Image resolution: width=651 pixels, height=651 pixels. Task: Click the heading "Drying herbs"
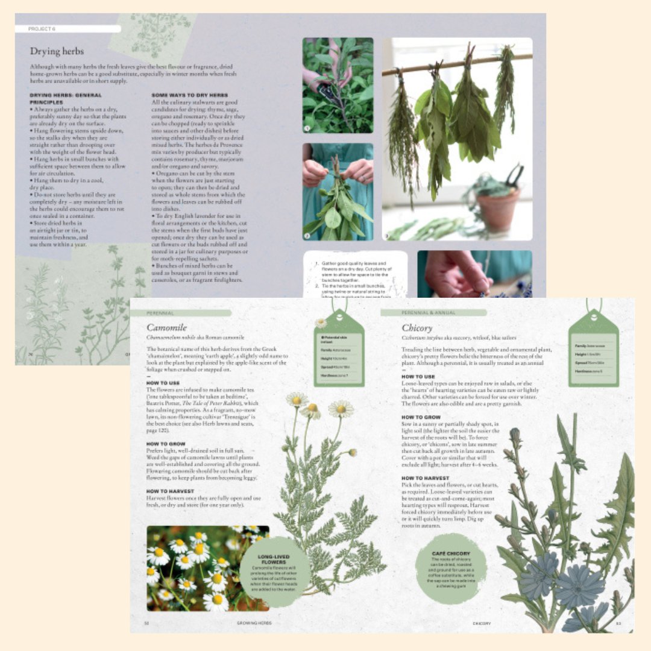[x=57, y=51]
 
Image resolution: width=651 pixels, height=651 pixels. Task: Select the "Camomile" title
[x=166, y=328]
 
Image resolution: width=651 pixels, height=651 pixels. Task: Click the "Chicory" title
[x=417, y=328]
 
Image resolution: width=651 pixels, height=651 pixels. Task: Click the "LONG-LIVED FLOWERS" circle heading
[x=274, y=559]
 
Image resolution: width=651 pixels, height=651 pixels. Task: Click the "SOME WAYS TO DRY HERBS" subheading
[x=189, y=95]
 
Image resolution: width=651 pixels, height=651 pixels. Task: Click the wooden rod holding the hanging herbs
[x=458, y=63]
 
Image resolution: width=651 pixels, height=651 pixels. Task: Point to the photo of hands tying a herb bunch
[x=338, y=191]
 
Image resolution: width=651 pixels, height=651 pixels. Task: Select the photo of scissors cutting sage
[x=338, y=86]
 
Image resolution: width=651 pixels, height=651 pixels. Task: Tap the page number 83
[x=618, y=623]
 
